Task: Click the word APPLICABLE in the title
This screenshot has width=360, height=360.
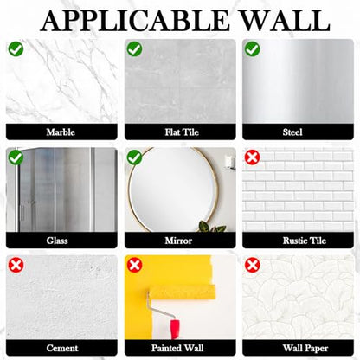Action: click(x=134, y=21)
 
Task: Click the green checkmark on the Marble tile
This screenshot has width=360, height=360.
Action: click(x=16, y=48)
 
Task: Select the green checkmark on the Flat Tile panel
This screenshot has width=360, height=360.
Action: click(x=134, y=48)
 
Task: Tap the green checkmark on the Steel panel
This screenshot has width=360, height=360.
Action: click(x=253, y=48)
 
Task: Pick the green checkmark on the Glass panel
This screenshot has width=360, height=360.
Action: click(x=16, y=157)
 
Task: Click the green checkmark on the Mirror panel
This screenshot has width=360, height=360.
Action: click(x=134, y=157)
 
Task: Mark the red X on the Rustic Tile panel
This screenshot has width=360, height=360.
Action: click(x=253, y=157)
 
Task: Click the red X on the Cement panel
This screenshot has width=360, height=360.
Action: click(x=16, y=266)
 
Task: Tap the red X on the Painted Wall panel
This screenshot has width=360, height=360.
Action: click(x=134, y=266)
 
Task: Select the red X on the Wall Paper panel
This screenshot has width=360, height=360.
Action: click(x=253, y=266)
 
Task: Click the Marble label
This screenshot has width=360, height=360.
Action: click(x=61, y=132)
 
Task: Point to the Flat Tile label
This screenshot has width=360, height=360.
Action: click(x=182, y=132)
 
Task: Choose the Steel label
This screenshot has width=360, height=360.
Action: click(x=292, y=132)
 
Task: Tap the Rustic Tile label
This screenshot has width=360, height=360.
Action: click(x=305, y=241)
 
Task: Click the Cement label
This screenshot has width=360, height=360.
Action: click(x=62, y=348)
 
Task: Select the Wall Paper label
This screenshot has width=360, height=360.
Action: click(x=305, y=349)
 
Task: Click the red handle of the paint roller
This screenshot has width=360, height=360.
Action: click(x=175, y=329)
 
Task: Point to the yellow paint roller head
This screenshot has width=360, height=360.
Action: click(x=182, y=292)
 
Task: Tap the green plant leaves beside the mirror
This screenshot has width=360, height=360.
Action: click(x=211, y=227)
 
